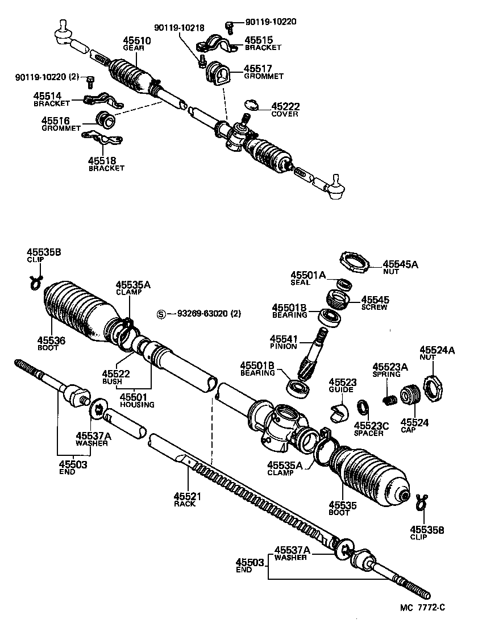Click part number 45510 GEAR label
pyautogui.click(x=134, y=44)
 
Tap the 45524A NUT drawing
pyautogui.click(x=434, y=389)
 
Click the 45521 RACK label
pyautogui.click(x=185, y=500)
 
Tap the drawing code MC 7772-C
pyautogui.click(x=422, y=608)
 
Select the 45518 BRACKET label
pyautogui.click(x=106, y=165)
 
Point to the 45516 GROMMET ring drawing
pyautogui.click(x=106, y=120)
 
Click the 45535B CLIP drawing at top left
pyautogui.click(x=36, y=280)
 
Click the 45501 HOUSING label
pyautogui.click(x=136, y=401)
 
